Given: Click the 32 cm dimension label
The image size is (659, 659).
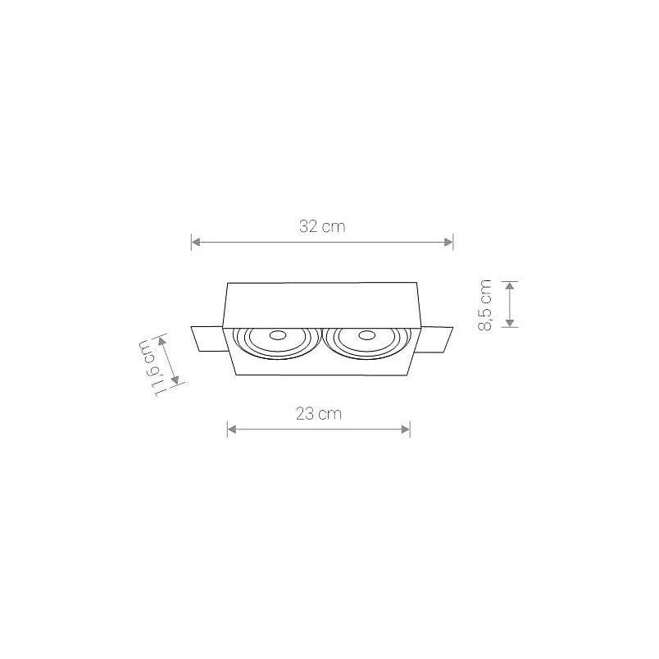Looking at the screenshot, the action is click(x=322, y=227).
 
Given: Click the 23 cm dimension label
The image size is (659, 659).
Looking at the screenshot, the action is click(x=319, y=414).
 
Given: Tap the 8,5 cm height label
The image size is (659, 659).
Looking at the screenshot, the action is click(x=485, y=305).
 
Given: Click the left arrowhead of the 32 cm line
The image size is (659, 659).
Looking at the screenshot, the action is click(x=195, y=242).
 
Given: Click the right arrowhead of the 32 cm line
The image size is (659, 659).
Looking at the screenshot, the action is click(x=449, y=242).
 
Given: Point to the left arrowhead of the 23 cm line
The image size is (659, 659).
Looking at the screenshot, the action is click(x=231, y=429).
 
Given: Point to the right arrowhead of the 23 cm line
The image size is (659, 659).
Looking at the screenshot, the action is click(x=406, y=429).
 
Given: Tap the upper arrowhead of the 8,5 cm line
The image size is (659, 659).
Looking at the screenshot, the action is click(x=509, y=286).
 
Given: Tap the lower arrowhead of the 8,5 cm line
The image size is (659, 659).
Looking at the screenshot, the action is click(x=509, y=323).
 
